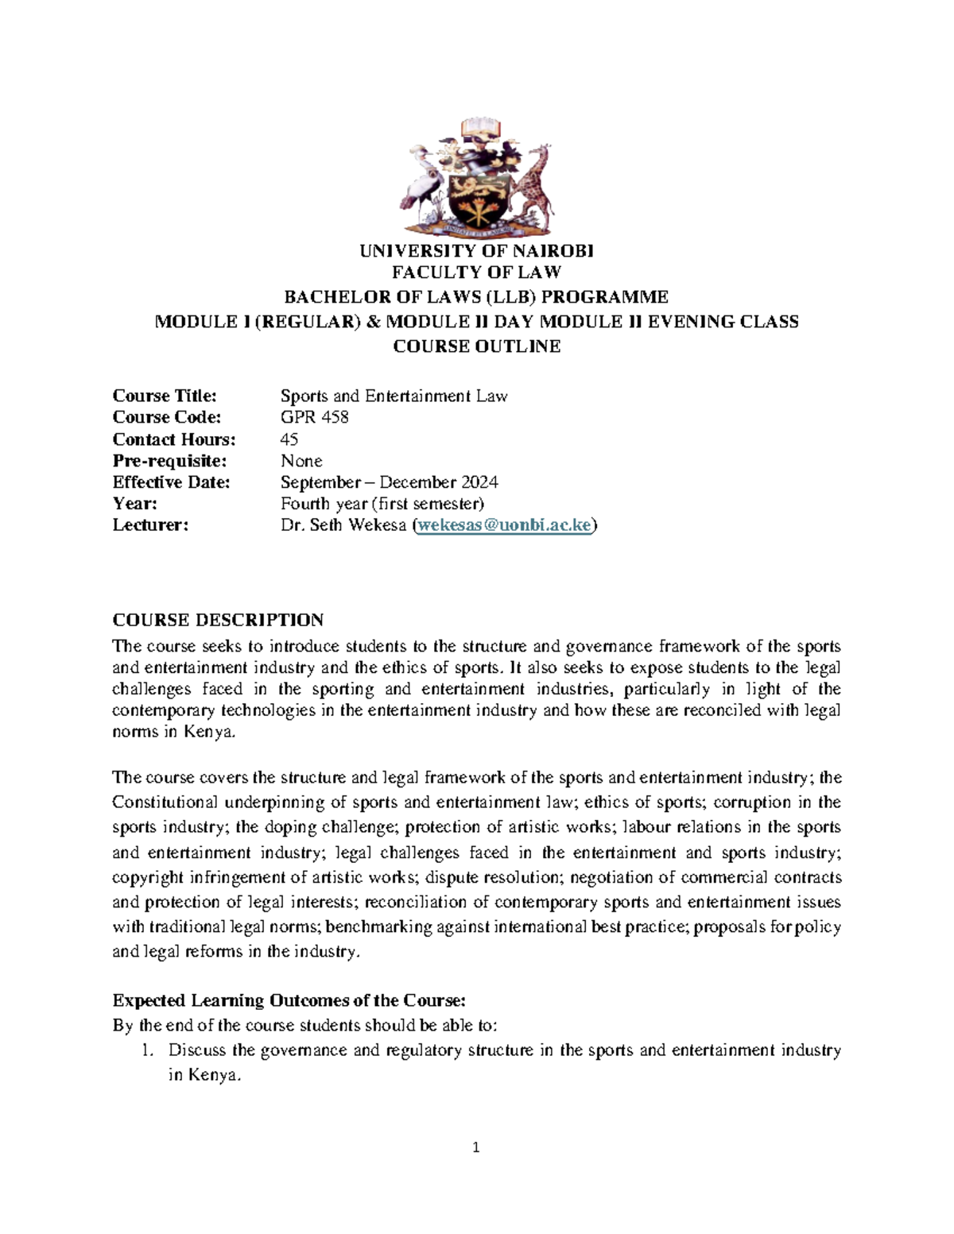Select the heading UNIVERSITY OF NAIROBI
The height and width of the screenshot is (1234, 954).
476,251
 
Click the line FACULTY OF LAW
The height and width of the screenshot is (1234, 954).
476,273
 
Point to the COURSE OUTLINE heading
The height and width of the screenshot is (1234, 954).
476,346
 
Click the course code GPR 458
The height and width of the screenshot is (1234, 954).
314,417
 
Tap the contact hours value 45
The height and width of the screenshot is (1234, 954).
289,439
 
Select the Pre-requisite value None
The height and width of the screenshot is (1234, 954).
301,461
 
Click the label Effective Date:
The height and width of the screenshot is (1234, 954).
171,482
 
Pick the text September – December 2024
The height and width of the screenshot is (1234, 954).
389,482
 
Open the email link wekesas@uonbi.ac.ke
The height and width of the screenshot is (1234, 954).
504,525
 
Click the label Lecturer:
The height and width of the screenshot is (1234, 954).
150,525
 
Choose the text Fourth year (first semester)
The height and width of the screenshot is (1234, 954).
382,504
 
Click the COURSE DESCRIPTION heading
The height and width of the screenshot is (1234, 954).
218,620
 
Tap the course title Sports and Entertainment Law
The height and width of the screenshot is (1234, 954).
394,396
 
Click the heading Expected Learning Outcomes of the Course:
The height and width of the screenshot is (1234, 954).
289,1000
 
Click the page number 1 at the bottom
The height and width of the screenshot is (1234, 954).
476,1147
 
